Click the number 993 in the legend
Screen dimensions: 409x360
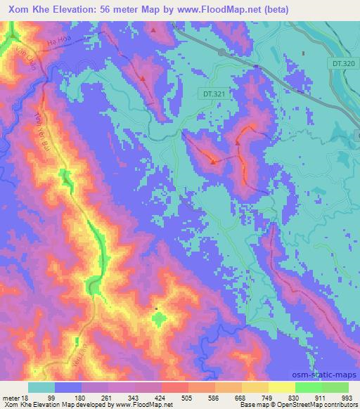click(347, 397)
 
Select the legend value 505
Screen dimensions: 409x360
click(187, 397)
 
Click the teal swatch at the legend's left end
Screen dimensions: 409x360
click(41, 387)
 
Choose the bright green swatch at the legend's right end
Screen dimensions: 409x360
click(335, 387)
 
